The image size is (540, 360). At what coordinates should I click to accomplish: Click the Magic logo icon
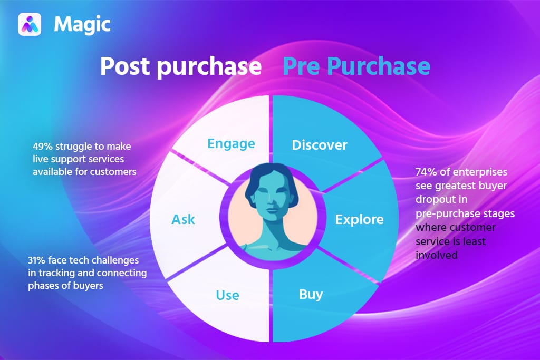coord(30,24)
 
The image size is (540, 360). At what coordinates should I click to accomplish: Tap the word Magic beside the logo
coord(82,24)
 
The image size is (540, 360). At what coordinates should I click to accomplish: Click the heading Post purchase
coord(181,67)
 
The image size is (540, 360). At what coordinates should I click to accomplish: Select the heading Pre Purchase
coord(356,67)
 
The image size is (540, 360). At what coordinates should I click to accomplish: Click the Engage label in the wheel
coord(231,143)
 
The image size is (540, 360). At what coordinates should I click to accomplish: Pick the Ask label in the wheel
coord(184,219)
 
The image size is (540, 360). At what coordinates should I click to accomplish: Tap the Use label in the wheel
coord(227,295)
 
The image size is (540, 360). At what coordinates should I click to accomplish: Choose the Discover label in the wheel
coord(320,145)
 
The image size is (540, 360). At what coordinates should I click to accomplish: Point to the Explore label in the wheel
coord(359,219)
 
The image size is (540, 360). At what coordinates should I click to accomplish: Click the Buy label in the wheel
coord(311,294)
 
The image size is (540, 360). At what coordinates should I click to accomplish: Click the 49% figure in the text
coord(43,146)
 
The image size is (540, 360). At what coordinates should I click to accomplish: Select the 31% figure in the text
coord(38,260)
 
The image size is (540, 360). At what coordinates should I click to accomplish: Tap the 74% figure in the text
coord(426,172)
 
